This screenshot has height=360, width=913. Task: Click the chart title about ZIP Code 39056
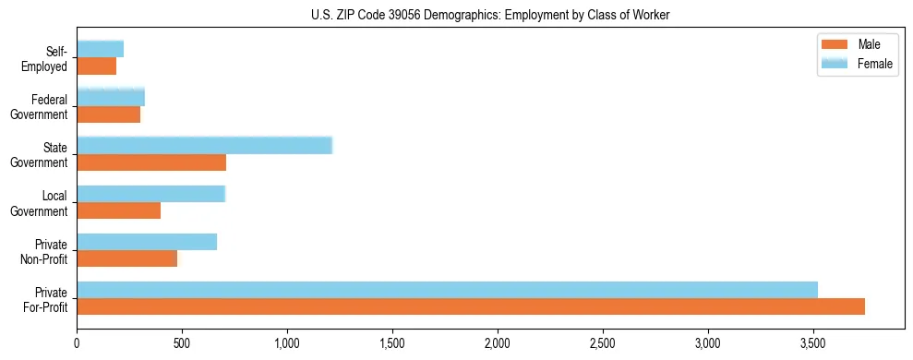(x=456, y=15)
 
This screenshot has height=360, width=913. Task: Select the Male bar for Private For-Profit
(x=471, y=307)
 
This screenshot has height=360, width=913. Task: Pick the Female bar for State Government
(x=204, y=145)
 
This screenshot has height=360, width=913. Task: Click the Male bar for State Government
(x=151, y=162)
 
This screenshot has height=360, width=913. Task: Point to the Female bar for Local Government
(x=150, y=193)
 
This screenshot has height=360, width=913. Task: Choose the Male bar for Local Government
(x=118, y=210)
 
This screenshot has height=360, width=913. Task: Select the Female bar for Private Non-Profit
(x=147, y=242)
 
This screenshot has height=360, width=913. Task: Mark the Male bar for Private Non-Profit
(x=126, y=259)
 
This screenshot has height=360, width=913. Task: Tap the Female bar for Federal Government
(x=111, y=97)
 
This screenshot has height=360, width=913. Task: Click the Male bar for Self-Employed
(x=96, y=66)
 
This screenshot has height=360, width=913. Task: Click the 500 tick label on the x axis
(x=182, y=342)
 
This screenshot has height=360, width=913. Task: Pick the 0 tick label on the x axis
(x=77, y=342)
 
